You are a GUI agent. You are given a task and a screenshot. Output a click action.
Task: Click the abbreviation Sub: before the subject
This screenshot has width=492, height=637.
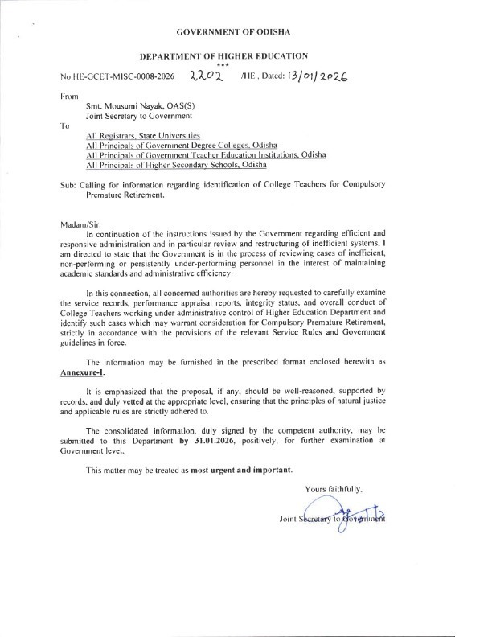[x=69, y=185]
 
